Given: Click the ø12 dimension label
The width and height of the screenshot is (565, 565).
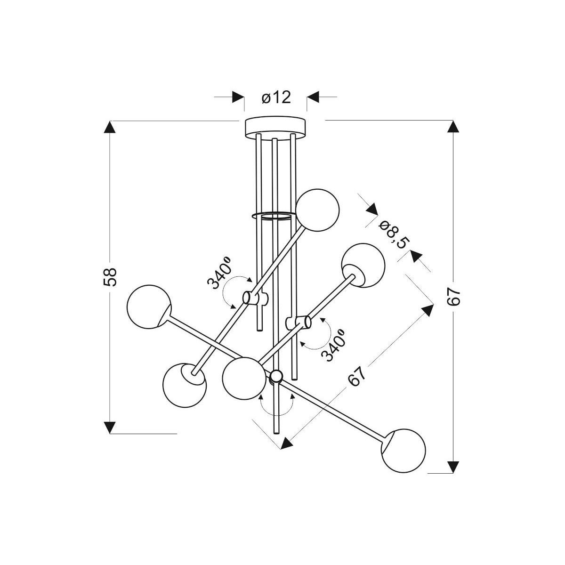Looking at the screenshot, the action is click(x=276, y=97).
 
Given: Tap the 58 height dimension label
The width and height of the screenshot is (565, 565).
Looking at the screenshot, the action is click(x=110, y=276).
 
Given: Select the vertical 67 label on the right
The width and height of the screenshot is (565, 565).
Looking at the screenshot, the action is click(x=453, y=297).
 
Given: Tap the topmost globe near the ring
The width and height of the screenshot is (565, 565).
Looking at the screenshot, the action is click(x=317, y=210).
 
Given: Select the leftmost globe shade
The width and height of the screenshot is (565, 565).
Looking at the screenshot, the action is click(x=149, y=307).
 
